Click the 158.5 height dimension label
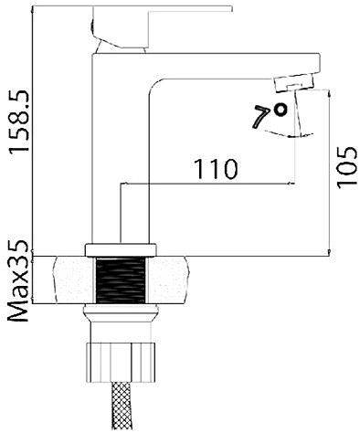(x=19, y=121)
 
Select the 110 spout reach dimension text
(x=216, y=169)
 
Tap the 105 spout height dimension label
(x=346, y=168)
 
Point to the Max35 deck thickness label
(x=18, y=281)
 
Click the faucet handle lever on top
(x=162, y=26)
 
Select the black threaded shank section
(x=121, y=280)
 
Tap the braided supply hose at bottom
(x=122, y=407)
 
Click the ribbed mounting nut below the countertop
(x=121, y=363)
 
